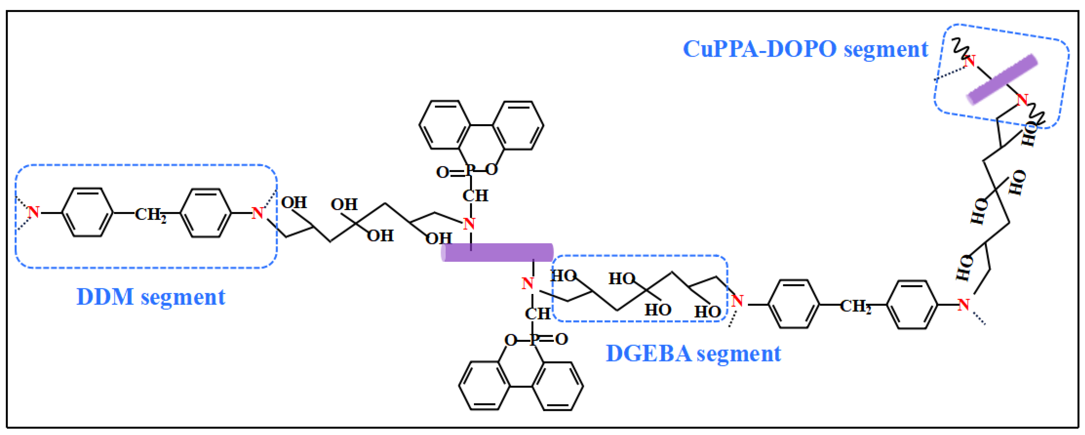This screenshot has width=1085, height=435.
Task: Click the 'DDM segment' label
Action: (150, 297)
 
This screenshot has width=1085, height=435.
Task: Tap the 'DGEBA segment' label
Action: (693, 353)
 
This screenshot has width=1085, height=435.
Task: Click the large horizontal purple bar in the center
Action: (497, 252)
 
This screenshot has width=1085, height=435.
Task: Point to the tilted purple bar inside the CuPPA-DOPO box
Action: (1002, 79)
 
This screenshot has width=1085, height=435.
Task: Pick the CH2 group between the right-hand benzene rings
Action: (855, 306)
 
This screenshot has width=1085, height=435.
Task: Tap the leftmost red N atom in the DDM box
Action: (33, 213)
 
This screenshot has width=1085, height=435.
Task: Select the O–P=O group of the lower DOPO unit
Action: (536, 339)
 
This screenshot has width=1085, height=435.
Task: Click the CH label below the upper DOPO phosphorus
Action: (475, 195)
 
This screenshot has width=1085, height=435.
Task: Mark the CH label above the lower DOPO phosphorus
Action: (537, 314)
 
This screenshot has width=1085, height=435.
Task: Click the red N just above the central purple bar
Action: (469, 224)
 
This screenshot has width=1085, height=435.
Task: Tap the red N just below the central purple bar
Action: (527, 284)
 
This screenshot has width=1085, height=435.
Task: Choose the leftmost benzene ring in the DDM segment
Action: (87, 213)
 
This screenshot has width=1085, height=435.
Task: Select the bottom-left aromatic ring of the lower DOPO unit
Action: (484, 385)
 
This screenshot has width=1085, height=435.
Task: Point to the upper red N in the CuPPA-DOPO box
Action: (970, 61)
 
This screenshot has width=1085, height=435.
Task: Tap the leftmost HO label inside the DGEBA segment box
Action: (563, 276)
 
